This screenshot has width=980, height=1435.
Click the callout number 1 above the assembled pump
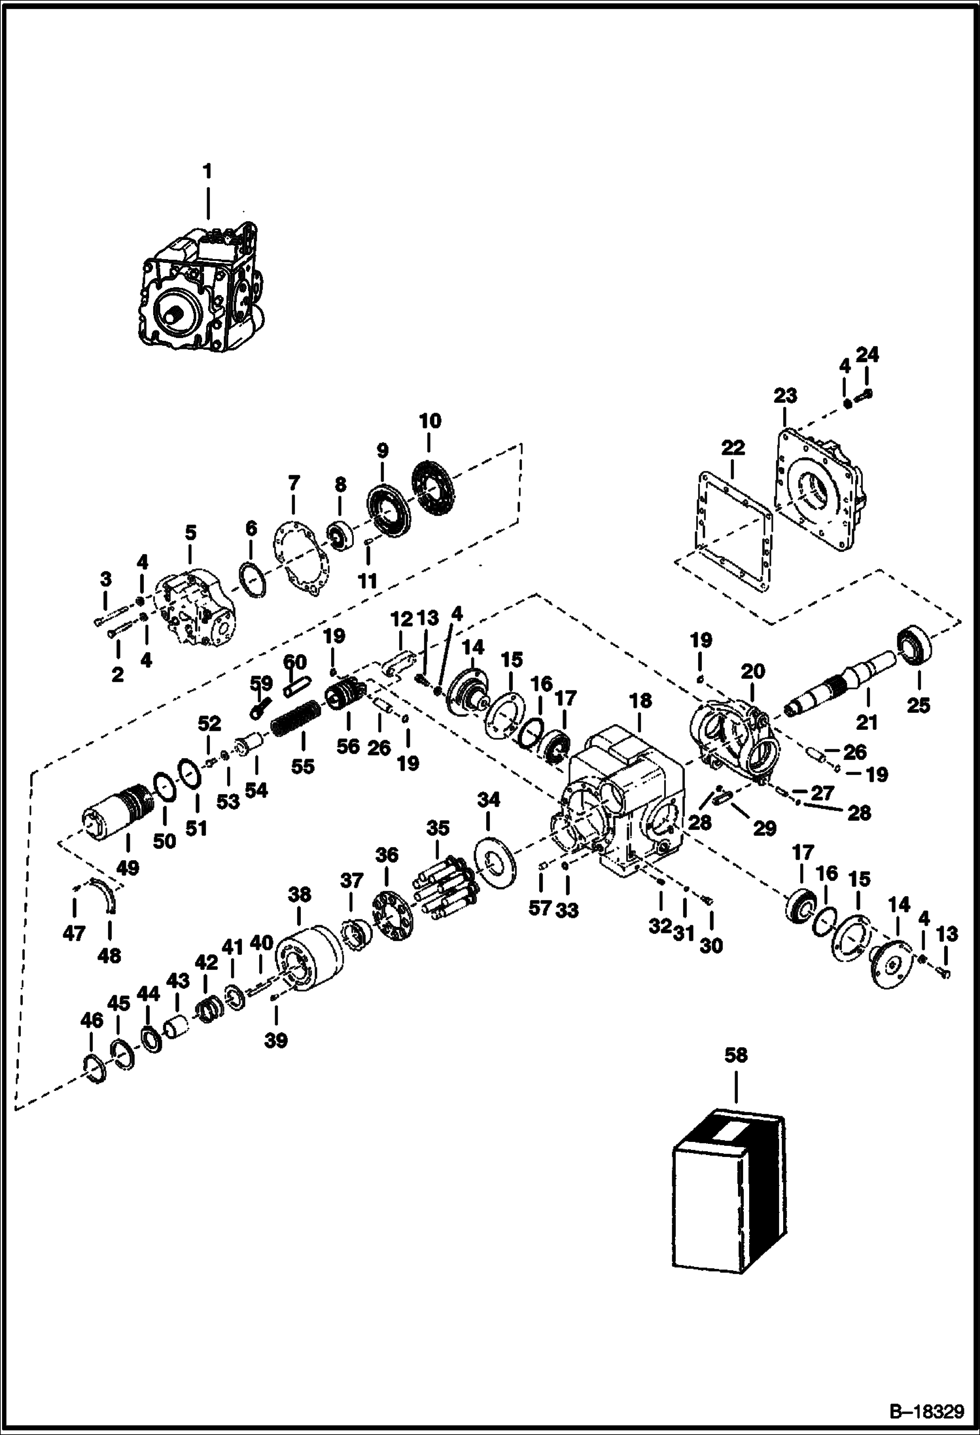click(207, 172)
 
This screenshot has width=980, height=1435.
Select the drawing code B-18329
click(928, 1412)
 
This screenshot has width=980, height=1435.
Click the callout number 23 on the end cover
click(785, 396)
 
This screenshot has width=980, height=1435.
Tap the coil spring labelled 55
click(294, 717)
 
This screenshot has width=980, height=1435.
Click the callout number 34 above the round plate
click(488, 799)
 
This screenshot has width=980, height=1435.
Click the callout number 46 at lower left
click(92, 1020)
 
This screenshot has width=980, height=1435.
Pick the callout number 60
click(294, 663)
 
